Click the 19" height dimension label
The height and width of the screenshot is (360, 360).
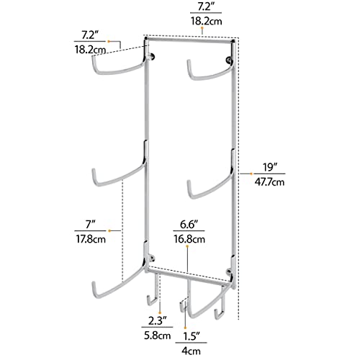tap(270, 167)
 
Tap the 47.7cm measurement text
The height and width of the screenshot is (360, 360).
tap(269, 182)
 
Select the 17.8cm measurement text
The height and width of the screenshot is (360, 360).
tap(91, 239)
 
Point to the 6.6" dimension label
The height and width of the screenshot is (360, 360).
tap(189, 225)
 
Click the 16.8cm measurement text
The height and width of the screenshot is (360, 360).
tap(189, 239)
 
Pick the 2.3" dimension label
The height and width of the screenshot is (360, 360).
tap(157, 320)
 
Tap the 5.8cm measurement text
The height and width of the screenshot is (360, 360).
tap(157, 336)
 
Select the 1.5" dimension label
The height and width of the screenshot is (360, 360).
tap(192, 336)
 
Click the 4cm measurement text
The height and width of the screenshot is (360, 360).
tap(191, 351)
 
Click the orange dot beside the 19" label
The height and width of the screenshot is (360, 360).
tap(251, 174)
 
